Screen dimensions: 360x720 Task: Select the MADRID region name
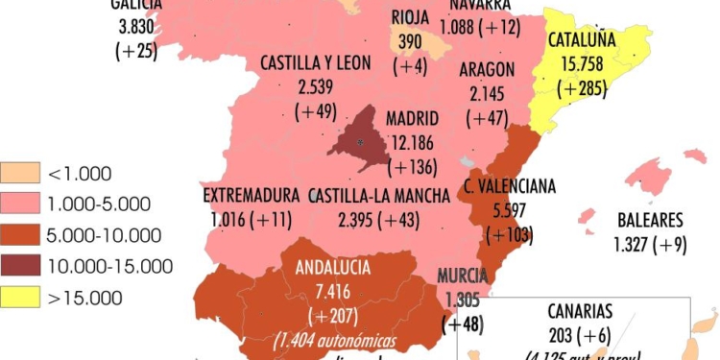click(412, 119)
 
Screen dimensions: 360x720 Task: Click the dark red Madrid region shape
click(357, 140)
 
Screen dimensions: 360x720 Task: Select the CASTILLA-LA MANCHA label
click(380, 196)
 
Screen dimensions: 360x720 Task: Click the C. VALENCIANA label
click(510, 186)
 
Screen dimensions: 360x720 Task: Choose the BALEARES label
click(650, 220)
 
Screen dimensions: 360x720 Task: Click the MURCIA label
click(463, 277)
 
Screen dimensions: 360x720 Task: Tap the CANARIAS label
click(581, 312)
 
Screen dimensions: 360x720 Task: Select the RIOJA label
click(411, 16)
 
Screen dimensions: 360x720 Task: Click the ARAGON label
click(487, 70)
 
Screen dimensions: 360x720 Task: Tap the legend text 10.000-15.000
click(109, 266)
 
